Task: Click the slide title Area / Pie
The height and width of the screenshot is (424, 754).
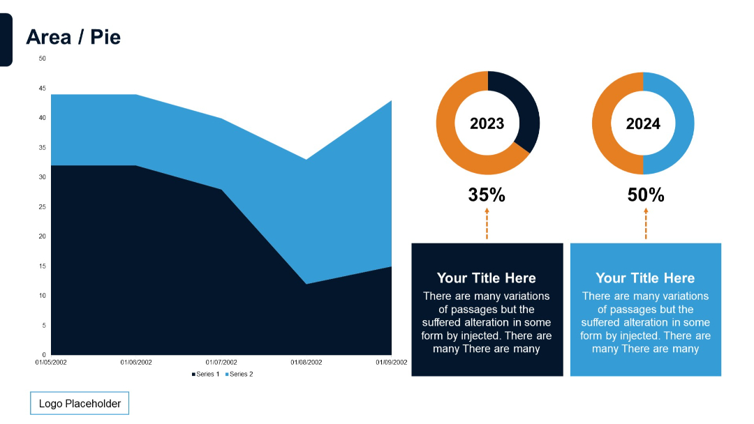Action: pyautogui.click(x=73, y=37)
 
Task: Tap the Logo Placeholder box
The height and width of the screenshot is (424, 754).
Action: pyautogui.click(x=80, y=404)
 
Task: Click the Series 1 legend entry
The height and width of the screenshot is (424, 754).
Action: pyautogui.click(x=206, y=374)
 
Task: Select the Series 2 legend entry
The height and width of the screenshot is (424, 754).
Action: pyautogui.click(x=239, y=374)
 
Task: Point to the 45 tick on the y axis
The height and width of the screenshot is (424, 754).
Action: pyautogui.click(x=42, y=89)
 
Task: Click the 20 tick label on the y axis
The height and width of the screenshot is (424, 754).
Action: pyautogui.click(x=42, y=236)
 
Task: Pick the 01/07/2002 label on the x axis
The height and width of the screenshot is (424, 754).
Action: pyautogui.click(x=221, y=363)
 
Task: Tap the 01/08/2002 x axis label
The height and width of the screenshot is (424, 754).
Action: pyautogui.click(x=306, y=363)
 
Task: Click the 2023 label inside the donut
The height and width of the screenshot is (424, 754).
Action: pyautogui.click(x=487, y=124)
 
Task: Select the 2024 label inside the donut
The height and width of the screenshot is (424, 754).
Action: pyautogui.click(x=643, y=124)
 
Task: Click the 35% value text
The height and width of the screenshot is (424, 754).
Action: pyautogui.click(x=487, y=195)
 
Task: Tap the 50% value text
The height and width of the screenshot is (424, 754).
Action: pyautogui.click(x=646, y=195)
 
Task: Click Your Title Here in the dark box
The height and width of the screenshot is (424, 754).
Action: pyautogui.click(x=487, y=278)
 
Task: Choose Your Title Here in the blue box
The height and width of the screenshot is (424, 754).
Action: pyautogui.click(x=645, y=278)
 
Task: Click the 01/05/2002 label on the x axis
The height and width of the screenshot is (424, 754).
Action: pyautogui.click(x=51, y=363)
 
